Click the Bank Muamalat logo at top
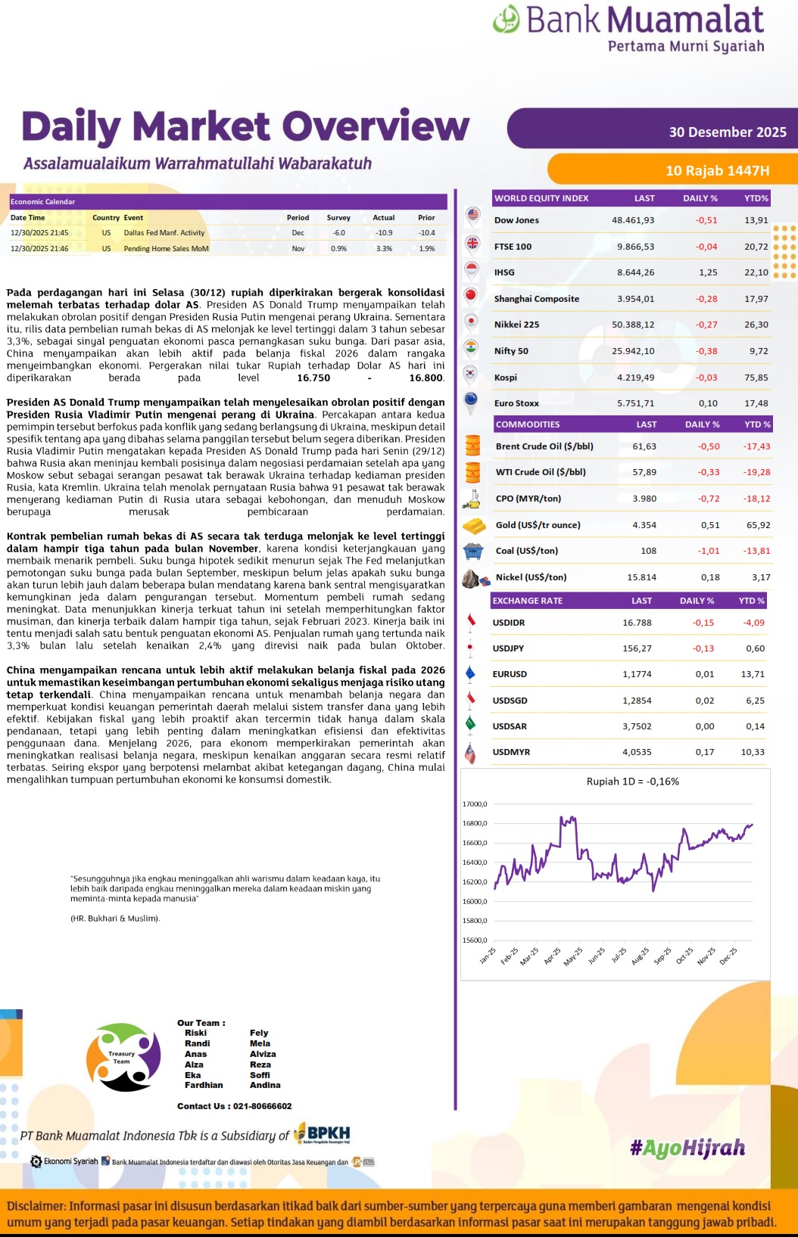click(628, 29)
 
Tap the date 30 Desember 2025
click(727, 132)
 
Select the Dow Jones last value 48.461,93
click(633, 220)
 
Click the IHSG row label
click(504, 272)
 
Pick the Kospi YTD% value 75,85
click(756, 378)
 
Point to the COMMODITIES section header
click(528, 424)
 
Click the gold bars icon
click(474, 525)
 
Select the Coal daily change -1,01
click(709, 551)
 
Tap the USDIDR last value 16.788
click(637, 623)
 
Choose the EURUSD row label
click(510, 674)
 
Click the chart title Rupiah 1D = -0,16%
click(632, 782)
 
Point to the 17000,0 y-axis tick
click(475, 804)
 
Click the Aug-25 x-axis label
click(640, 956)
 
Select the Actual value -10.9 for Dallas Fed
click(384, 233)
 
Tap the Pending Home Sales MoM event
click(166, 248)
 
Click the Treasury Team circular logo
click(123, 1057)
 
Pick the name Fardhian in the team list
click(204, 1085)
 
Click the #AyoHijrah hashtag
click(687, 1148)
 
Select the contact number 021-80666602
click(262, 1106)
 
